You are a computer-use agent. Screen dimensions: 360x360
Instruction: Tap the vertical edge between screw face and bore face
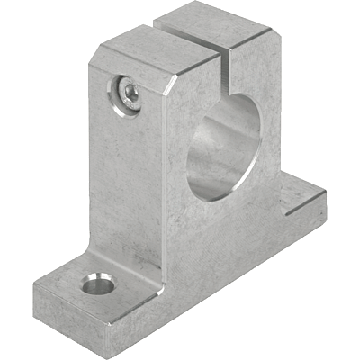click(167, 180)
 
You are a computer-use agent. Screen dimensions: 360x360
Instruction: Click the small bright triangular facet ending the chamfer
click(171, 88)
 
